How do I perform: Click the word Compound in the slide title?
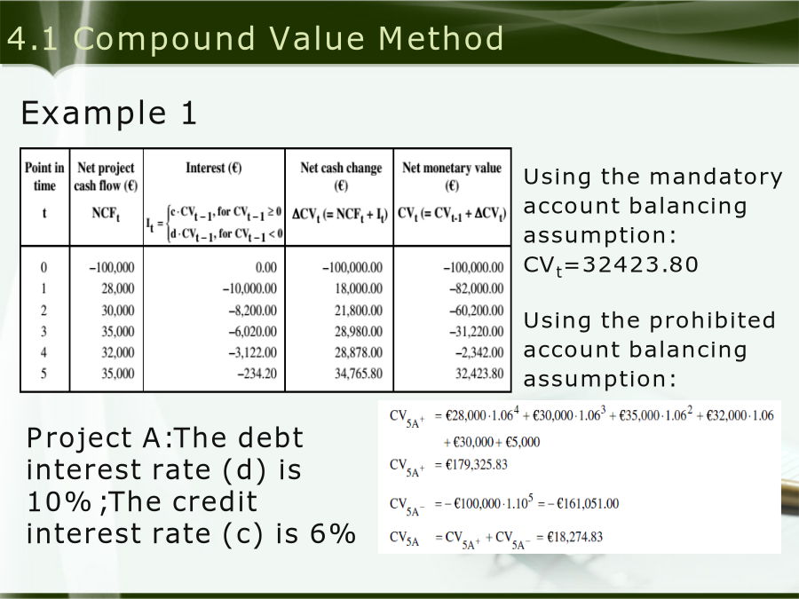(x=164, y=39)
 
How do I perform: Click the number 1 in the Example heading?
(x=188, y=113)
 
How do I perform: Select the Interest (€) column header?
(x=213, y=168)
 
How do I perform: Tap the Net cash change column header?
(x=341, y=177)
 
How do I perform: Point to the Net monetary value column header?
(x=452, y=177)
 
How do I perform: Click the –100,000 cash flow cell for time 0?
(x=112, y=267)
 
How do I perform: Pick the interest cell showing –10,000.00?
(x=249, y=288)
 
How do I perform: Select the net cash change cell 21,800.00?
(x=359, y=311)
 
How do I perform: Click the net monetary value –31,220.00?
(x=477, y=332)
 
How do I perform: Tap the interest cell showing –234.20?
(x=257, y=374)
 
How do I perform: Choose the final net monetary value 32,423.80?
(x=479, y=374)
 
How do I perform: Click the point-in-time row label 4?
(x=44, y=352)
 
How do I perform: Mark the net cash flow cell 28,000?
(x=118, y=288)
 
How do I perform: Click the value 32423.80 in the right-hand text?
(x=640, y=264)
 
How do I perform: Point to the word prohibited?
(x=712, y=320)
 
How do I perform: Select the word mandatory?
(x=716, y=177)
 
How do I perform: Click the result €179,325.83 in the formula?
(x=476, y=464)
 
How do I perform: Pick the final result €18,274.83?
(x=574, y=537)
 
